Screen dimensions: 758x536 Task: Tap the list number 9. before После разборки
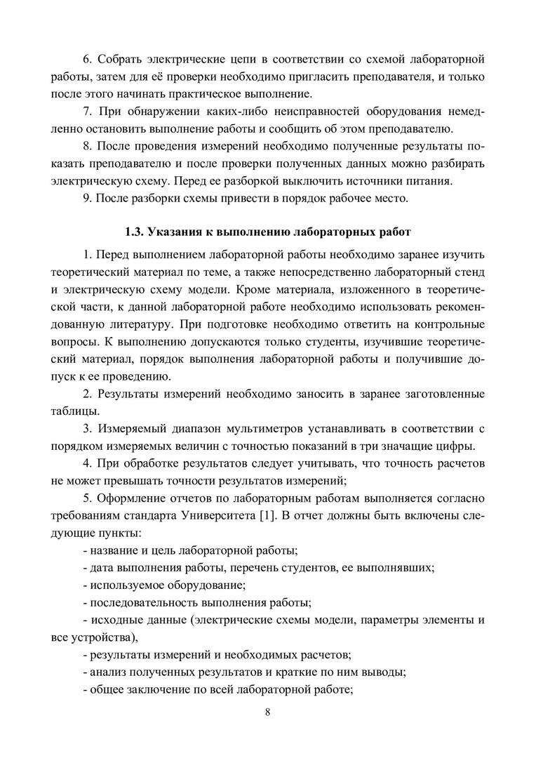click(87, 199)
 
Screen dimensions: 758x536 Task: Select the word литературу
click(139, 326)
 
